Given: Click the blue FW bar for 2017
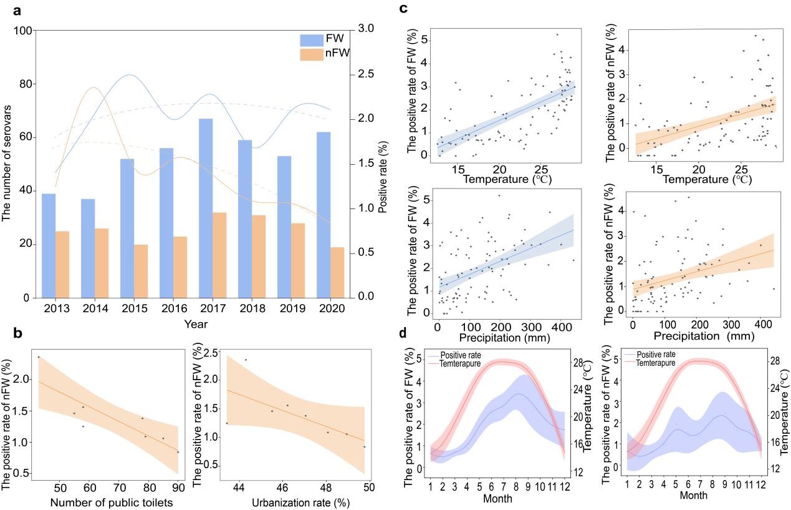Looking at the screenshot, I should (205, 208).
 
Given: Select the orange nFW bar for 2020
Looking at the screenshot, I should (337, 272).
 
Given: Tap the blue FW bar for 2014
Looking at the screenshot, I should (88, 248).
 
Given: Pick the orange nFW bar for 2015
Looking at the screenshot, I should (141, 271).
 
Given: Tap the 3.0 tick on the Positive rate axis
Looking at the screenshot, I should (366, 29).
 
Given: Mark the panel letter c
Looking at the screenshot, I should (403, 8).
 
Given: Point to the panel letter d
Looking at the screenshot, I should (403, 333).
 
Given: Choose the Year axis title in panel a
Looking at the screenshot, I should (196, 325).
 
